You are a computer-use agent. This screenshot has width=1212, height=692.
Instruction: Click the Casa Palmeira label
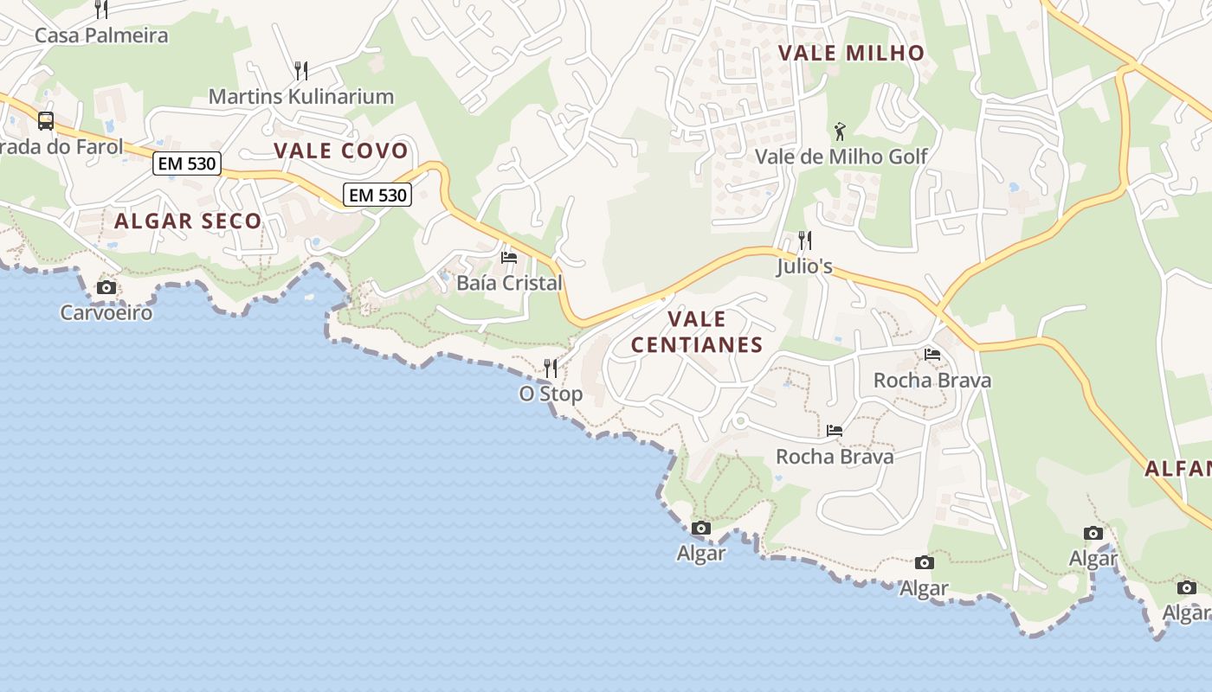(x=101, y=35)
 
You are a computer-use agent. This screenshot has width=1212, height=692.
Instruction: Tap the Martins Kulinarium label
(x=301, y=96)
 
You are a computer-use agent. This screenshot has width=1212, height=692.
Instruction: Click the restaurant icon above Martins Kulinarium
(x=301, y=70)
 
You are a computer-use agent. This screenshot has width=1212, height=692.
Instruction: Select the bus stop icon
(x=46, y=121)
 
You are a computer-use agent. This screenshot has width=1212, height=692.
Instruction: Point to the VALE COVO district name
(x=341, y=151)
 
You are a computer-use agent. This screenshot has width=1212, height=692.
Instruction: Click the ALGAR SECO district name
(x=188, y=221)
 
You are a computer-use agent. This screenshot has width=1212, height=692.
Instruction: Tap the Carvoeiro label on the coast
(x=106, y=312)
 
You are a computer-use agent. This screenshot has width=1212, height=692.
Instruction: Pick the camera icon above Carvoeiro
(x=106, y=287)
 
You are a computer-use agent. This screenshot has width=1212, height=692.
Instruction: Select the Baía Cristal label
(x=509, y=283)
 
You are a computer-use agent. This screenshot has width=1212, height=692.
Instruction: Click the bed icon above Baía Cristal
(x=509, y=257)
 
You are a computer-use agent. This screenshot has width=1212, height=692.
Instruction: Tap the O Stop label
(x=551, y=394)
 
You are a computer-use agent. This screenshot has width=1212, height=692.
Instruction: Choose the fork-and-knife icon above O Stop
(x=551, y=368)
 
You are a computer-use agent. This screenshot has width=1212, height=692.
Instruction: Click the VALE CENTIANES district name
(x=697, y=332)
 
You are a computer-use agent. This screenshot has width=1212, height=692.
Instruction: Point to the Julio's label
(x=804, y=266)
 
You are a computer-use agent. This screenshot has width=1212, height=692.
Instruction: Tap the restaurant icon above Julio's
(x=805, y=240)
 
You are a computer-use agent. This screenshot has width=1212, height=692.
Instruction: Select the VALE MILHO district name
(x=851, y=53)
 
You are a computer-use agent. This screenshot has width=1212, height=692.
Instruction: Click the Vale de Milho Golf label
(x=841, y=157)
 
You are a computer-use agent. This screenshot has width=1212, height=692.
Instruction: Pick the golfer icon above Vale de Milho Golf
(x=839, y=131)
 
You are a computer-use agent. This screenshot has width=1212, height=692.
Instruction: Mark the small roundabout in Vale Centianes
(x=739, y=421)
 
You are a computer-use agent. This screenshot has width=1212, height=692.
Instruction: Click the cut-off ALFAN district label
(x=1178, y=469)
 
